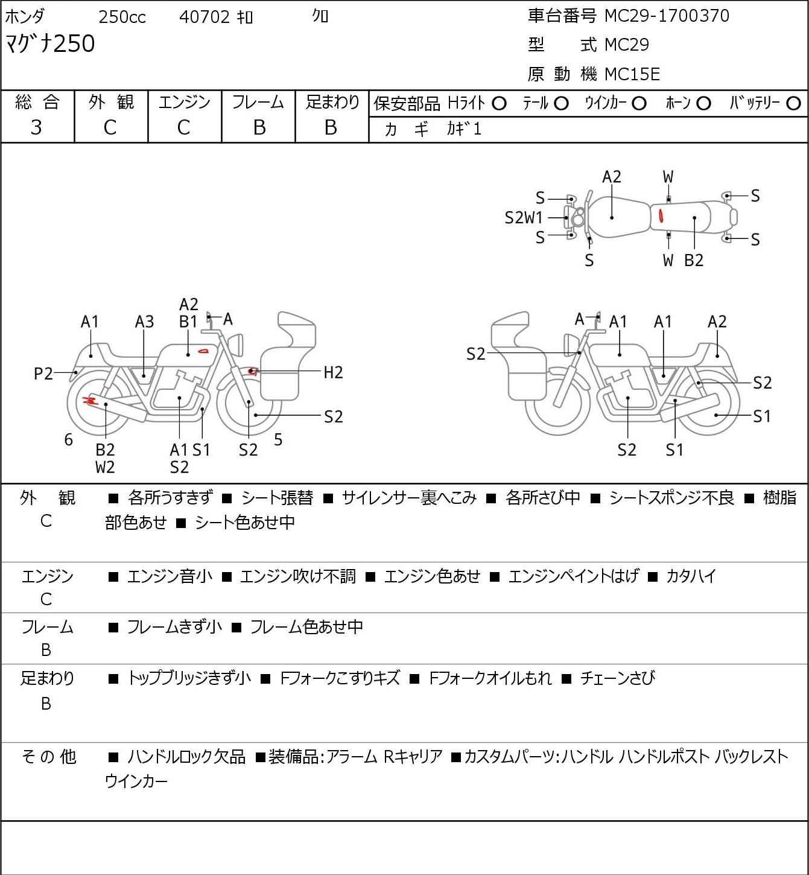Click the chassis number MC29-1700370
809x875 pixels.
[667, 16]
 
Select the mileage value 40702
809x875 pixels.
[205, 17]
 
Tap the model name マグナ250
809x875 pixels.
[50, 44]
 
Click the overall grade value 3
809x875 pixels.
[36, 127]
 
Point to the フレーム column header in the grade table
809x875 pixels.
[258, 103]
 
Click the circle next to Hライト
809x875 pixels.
[499, 104]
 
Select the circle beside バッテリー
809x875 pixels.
[794, 104]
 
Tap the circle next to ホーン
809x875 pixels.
[703, 104]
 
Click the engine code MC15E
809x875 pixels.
[632, 74]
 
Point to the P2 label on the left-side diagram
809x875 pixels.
[43, 374]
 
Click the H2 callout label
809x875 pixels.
[333, 372]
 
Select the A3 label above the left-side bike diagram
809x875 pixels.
[144, 322]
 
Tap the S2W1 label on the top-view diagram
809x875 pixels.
[524, 218]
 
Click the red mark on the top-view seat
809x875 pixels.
[662, 215]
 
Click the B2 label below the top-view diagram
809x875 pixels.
[694, 260]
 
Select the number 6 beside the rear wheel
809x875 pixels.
[69, 440]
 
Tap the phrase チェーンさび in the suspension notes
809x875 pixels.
[617, 678]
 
